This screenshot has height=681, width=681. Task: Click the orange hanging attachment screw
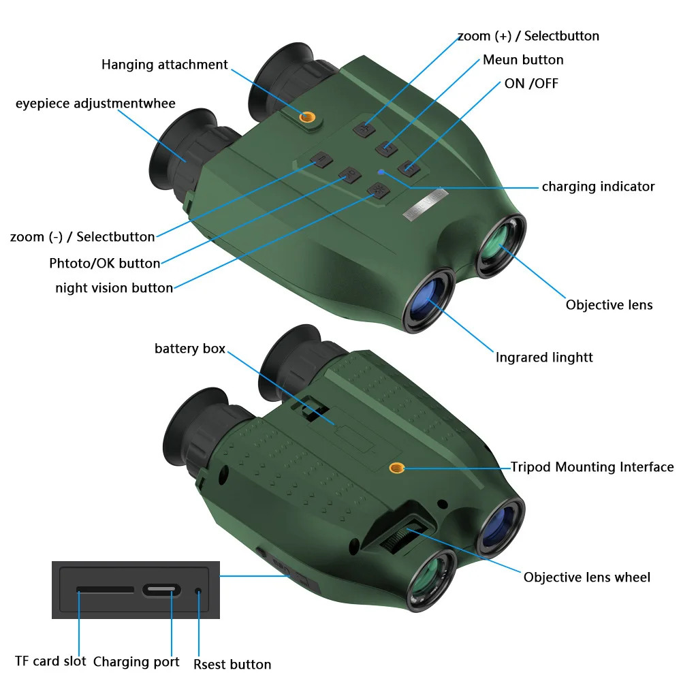click(x=308, y=116)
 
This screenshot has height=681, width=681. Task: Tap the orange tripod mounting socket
click(x=396, y=468)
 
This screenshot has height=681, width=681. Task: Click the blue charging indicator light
click(x=381, y=172)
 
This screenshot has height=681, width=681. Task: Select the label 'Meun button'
click(x=523, y=59)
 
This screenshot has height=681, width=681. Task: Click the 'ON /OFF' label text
click(x=531, y=83)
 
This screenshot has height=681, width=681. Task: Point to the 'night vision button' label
click(x=114, y=287)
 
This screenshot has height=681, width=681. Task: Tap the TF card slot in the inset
click(x=105, y=589)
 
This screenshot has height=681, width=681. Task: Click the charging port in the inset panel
click(x=161, y=590)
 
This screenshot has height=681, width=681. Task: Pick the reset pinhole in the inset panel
click(x=198, y=591)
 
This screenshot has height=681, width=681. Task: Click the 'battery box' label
click(x=190, y=348)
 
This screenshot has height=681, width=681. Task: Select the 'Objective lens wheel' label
click(x=587, y=577)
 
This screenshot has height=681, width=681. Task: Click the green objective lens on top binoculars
click(x=501, y=245)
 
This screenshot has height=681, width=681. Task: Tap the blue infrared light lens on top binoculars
click(x=428, y=300)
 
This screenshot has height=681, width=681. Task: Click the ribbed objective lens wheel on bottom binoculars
click(x=402, y=536)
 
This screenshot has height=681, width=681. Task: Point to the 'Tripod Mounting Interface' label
click(x=592, y=467)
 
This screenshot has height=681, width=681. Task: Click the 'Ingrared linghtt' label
click(x=543, y=357)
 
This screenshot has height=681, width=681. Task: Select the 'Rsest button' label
click(x=232, y=664)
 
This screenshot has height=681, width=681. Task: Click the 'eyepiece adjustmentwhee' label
click(x=95, y=104)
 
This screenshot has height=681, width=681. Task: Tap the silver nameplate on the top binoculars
click(x=425, y=204)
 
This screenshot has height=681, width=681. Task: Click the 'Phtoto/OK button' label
click(x=105, y=263)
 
